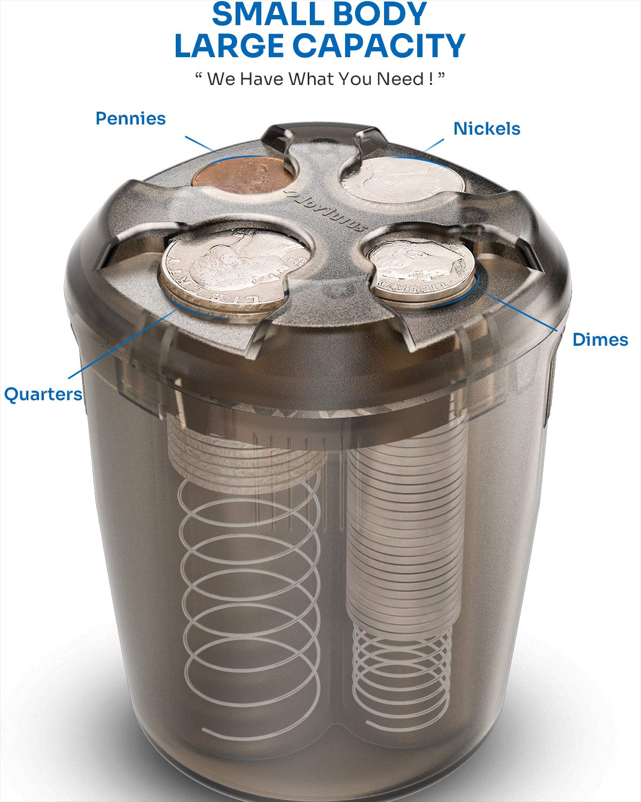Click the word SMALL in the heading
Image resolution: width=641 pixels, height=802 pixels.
[263, 14]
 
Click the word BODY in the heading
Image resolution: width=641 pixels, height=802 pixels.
[377, 14]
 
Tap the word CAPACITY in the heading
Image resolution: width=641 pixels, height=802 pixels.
[379, 45]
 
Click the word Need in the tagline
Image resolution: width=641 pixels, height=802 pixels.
[400, 79]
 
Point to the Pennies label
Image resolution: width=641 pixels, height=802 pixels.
[131, 119]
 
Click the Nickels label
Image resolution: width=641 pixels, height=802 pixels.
[487, 129]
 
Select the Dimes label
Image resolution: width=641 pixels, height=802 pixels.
[600, 340]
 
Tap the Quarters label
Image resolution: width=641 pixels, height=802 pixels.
[43, 394]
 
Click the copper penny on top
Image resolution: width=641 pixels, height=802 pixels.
[242, 176]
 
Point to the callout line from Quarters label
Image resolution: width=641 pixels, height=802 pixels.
[123, 344]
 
